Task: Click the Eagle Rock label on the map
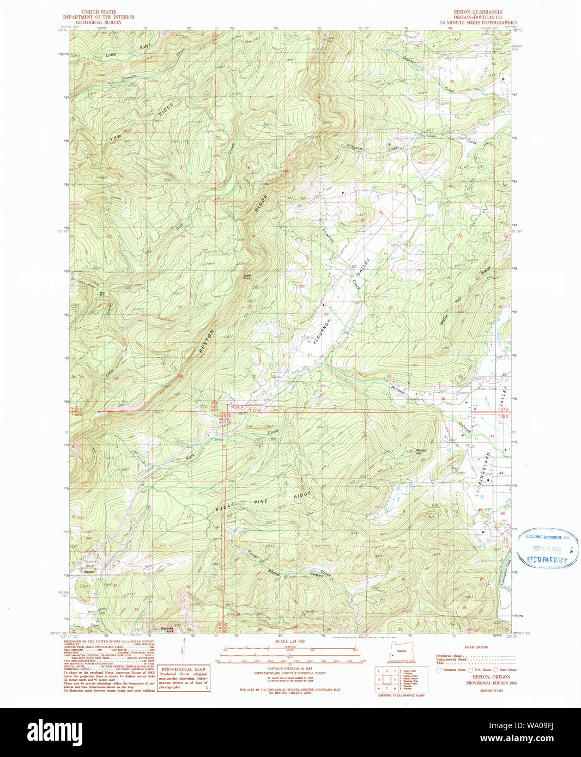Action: (x=247, y=277)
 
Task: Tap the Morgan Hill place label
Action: (x=422, y=451)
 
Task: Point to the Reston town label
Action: (x=89, y=572)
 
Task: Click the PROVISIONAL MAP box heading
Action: (x=184, y=669)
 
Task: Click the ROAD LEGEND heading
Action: (x=476, y=647)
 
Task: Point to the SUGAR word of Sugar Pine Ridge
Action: (x=225, y=508)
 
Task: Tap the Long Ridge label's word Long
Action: (x=111, y=55)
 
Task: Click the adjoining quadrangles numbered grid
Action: (x=386, y=680)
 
